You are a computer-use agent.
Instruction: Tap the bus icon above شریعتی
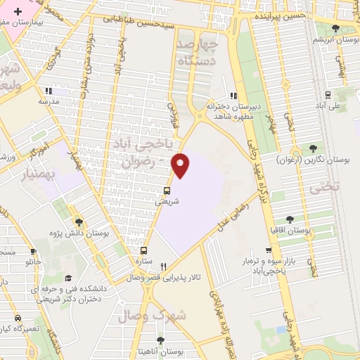click(x=167, y=190)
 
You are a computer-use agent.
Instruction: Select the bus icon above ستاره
click(x=144, y=250)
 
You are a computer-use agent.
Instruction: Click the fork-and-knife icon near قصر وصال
click(x=164, y=266)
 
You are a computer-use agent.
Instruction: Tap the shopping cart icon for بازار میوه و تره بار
click(x=268, y=250)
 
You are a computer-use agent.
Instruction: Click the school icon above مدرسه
click(x=49, y=91)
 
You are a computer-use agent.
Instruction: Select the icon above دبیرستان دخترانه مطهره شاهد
click(x=234, y=96)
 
